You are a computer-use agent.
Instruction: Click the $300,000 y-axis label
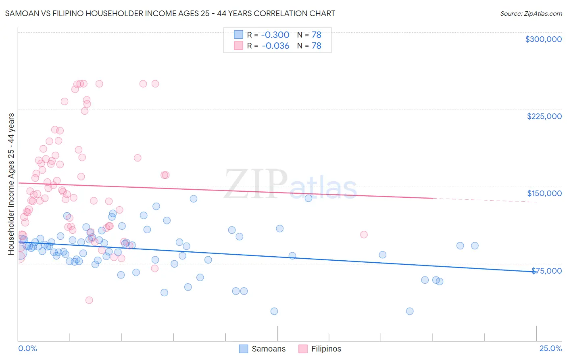point(543,39)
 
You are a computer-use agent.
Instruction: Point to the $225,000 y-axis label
point(544,116)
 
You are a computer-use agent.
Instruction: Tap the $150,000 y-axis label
point(544,193)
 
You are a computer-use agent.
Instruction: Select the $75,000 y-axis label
point(546,271)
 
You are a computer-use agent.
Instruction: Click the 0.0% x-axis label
point(27,349)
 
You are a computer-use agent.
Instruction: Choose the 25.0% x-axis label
point(550,349)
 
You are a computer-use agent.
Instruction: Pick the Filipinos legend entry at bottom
point(320,349)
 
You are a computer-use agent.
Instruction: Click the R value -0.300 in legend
point(275,35)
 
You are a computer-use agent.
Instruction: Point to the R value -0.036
point(275,46)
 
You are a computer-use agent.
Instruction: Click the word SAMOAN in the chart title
point(21,14)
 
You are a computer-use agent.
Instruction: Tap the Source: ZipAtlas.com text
point(531,14)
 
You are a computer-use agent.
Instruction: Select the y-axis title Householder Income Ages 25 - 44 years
point(11,184)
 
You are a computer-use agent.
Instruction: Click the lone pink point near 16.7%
point(364,234)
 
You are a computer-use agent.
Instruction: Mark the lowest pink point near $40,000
point(89,300)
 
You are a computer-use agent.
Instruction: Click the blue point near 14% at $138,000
point(309,198)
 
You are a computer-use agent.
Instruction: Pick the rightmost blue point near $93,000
point(475,246)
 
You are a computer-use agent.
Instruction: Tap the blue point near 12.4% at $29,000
point(274,311)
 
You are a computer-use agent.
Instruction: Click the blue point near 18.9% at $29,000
point(410,311)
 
